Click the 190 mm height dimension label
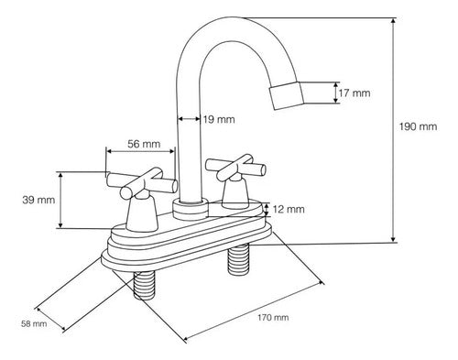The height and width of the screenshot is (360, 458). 419,126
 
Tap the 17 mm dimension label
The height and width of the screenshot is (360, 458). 354,93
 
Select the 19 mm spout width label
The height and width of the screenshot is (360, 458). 219,119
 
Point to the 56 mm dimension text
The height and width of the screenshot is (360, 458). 144,144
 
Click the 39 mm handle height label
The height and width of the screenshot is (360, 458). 38,200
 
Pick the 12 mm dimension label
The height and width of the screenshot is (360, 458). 289,209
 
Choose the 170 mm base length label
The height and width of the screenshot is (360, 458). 273,318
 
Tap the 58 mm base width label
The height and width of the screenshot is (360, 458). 34,323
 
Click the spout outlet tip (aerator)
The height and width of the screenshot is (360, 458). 287,95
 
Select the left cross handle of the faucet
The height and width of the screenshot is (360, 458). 141,183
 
